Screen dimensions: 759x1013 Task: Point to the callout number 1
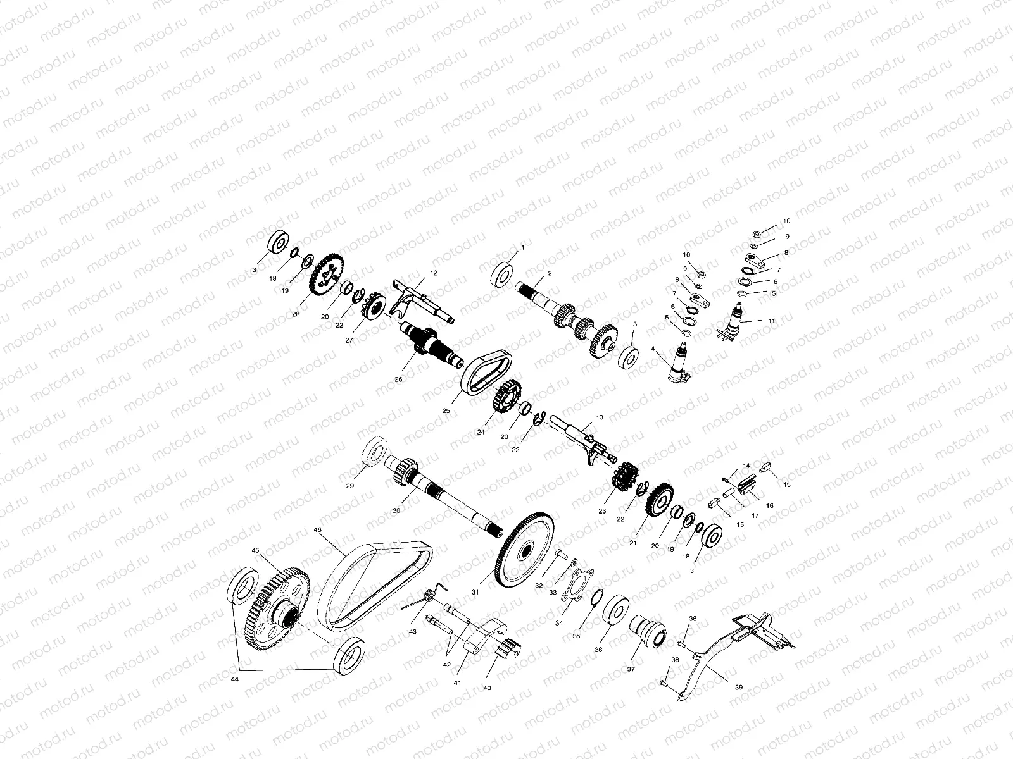(523, 247)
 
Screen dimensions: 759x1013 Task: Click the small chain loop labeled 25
(484, 374)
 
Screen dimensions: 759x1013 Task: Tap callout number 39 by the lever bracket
(721, 686)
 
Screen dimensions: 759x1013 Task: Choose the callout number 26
(398, 379)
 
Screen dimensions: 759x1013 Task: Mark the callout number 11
(772, 321)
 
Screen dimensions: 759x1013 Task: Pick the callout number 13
(600, 417)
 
